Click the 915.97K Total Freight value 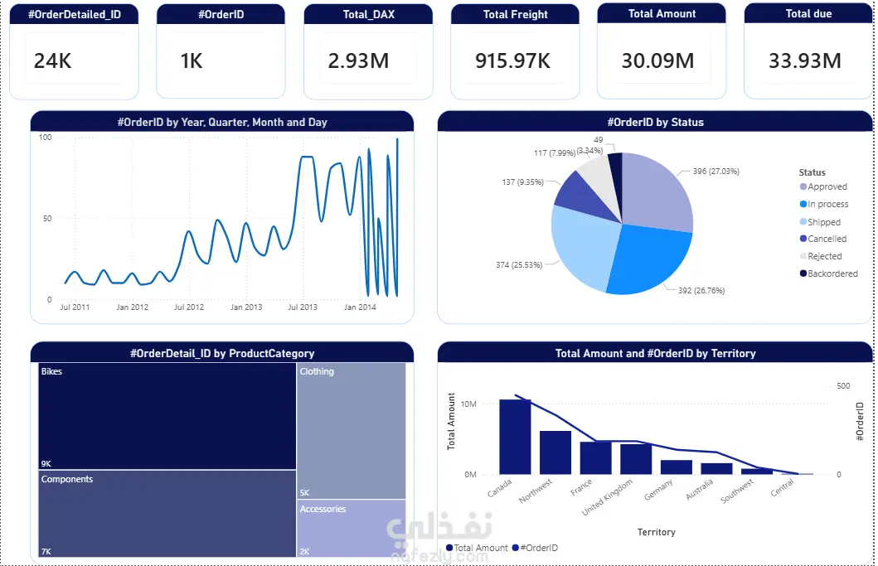pos(512,60)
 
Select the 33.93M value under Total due pos(805,60)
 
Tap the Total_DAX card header pos(367,14)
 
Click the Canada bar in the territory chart pos(515,437)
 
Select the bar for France pos(595,457)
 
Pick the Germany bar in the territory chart pos(676,467)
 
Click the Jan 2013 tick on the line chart pos(245,307)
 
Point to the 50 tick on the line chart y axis pos(46,219)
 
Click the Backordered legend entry pos(832,273)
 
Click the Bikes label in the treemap pos(51,371)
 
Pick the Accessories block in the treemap pos(352,528)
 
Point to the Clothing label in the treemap pos(317,371)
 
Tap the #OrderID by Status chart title pos(655,122)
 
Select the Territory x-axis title pos(656,532)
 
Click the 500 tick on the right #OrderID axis pos(843,386)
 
